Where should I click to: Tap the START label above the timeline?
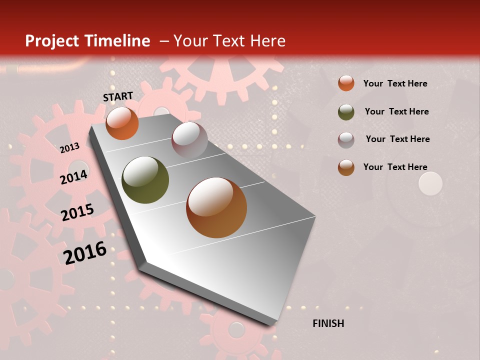point(118,96)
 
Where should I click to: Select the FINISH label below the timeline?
point(328,323)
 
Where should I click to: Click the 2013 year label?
point(69,147)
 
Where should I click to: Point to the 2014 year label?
point(74,177)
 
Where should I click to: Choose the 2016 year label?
point(85,252)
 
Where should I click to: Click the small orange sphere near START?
point(122,123)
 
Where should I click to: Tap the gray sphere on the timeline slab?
point(189,140)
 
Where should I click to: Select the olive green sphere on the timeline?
point(145,180)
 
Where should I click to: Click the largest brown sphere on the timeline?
point(216,207)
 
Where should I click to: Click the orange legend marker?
point(346,83)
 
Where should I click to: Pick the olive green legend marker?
point(346,112)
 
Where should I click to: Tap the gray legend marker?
point(346,140)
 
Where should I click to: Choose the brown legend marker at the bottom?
point(346,167)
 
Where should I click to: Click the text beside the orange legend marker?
point(395,83)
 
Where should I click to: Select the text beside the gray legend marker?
point(397,139)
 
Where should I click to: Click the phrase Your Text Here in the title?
point(229,41)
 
